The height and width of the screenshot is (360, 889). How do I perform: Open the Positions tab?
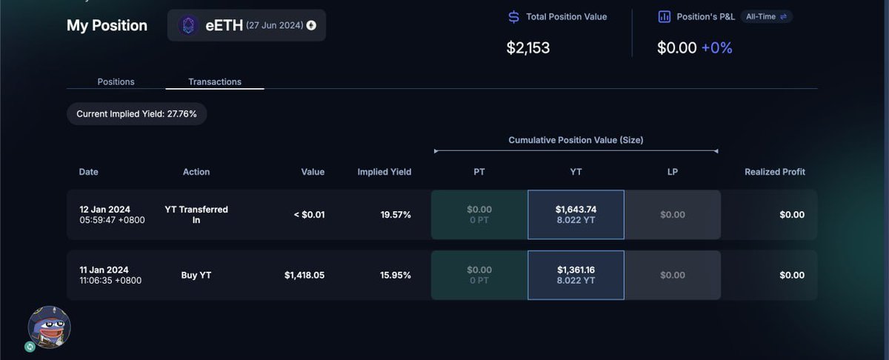pyautogui.click(x=116, y=81)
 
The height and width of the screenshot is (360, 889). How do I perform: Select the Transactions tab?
pyautogui.click(x=215, y=81)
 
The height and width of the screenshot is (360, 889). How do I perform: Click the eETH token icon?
pyautogui.click(x=188, y=25)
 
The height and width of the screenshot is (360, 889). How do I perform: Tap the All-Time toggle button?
pyautogui.click(x=766, y=17)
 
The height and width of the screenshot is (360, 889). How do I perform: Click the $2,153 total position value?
pyautogui.click(x=527, y=47)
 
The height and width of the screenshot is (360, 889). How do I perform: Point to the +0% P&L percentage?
pyautogui.click(x=717, y=47)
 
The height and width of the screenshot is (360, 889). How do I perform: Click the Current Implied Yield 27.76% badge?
pyautogui.click(x=136, y=114)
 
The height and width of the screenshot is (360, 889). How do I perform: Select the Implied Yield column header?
pyautogui.click(x=384, y=172)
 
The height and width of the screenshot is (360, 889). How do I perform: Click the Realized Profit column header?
pyautogui.click(x=775, y=172)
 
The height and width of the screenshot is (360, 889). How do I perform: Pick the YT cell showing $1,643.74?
pyautogui.click(x=576, y=215)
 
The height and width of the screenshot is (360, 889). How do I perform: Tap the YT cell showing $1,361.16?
pyautogui.click(x=576, y=275)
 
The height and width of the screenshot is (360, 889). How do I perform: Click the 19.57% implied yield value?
pyautogui.click(x=396, y=215)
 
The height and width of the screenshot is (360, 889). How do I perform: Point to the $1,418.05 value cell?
pyautogui.click(x=304, y=275)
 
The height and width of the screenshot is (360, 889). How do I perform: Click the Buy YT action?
pyautogui.click(x=196, y=275)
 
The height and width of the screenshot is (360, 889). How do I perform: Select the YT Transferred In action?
pyautogui.click(x=196, y=215)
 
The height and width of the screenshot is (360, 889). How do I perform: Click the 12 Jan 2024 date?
pyautogui.click(x=104, y=210)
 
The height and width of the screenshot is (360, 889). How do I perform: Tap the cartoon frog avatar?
pyautogui.click(x=49, y=327)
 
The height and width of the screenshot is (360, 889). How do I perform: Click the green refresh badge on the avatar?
pyautogui.click(x=30, y=347)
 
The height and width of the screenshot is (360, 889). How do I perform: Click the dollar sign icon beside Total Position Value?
pyautogui.click(x=513, y=17)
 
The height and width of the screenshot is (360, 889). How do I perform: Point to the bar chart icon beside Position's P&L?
pyautogui.click(x=665, y=17)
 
